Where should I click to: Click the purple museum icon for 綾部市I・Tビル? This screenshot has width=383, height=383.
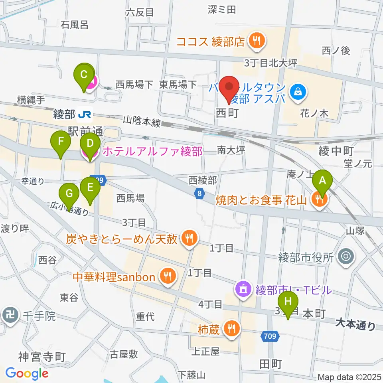tap(243, 287)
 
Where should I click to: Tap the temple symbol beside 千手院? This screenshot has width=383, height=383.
tap(10, 316)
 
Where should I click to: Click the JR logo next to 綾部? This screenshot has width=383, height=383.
tap(85, 115)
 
